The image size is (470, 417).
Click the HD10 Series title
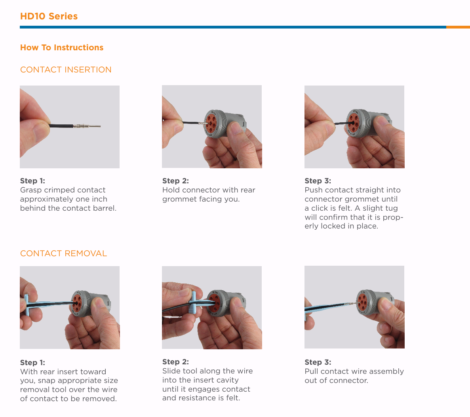coord(49,16)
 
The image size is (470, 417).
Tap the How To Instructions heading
coord(62,48)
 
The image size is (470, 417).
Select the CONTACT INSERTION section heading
coord(66,70)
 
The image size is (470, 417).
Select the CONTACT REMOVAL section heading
coord(63,253)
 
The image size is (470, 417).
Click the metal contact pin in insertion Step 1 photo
coord(87,126)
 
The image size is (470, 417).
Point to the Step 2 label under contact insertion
coord(175,181)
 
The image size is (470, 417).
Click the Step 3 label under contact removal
coord(318,362)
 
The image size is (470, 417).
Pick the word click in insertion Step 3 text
coord(320,208)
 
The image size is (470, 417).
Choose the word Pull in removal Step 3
coord(312,371)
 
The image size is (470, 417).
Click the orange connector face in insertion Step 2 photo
coord(211,124)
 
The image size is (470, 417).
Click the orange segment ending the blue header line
coord(458,27)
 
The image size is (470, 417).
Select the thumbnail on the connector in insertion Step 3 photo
coord(381,120)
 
